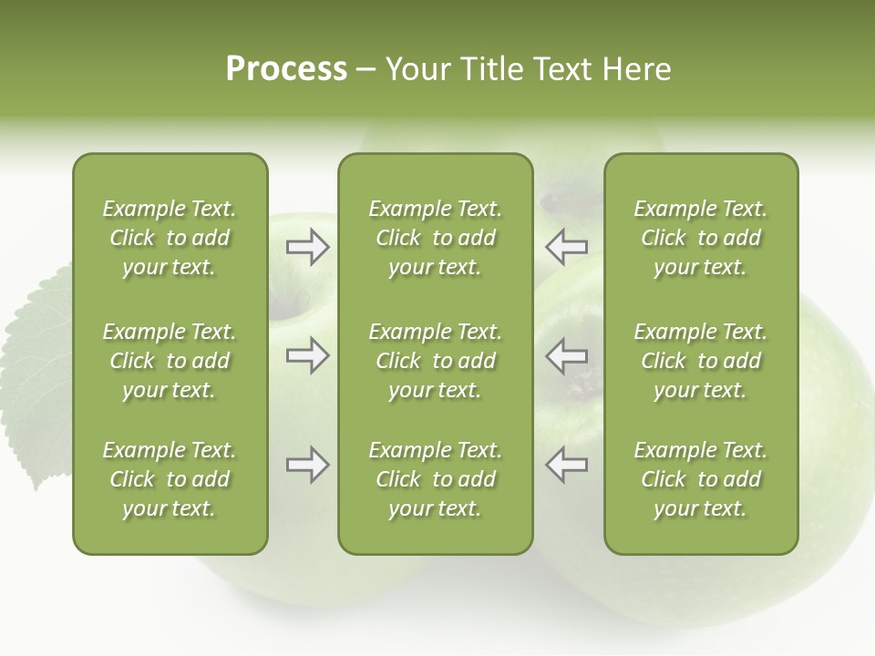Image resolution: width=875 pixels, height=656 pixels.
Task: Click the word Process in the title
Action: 286,69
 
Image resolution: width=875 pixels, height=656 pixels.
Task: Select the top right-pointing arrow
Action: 308,246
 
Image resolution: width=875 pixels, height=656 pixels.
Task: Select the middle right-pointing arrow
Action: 308,355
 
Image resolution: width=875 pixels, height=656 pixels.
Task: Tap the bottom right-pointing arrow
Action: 308,465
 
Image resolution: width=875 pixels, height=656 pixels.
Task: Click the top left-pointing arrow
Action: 567,246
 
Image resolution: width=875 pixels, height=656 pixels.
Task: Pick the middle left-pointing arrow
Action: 567,355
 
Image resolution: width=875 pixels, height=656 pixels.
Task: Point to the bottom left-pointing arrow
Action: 567,465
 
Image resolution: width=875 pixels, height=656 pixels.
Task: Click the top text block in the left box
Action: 170,238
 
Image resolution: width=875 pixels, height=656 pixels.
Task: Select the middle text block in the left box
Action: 170,361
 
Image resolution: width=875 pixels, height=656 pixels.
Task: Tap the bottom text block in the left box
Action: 170,479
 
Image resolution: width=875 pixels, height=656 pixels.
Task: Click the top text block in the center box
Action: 435,238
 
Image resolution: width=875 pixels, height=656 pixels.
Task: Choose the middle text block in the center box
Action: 435,361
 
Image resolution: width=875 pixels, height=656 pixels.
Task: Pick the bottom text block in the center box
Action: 435,479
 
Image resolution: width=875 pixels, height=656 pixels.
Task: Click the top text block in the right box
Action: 700,238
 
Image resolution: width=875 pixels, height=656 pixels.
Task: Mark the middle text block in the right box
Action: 700,361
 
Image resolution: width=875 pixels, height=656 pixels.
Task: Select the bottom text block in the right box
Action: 700,479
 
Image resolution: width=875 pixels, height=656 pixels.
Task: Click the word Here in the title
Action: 637,69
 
